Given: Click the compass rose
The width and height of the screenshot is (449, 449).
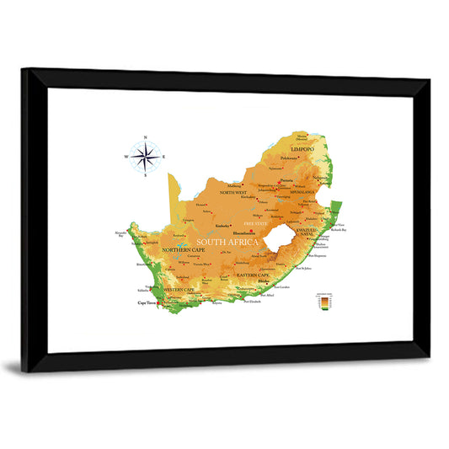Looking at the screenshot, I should [x=146, y=157].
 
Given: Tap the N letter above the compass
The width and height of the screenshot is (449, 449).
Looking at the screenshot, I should [x=146, y=136].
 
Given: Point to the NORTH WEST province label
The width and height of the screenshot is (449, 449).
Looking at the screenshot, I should [x=233, y=193].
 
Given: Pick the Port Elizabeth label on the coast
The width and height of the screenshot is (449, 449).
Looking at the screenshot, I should [x=253, y=302].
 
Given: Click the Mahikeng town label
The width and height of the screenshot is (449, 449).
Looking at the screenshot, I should [x=235, y=186].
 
